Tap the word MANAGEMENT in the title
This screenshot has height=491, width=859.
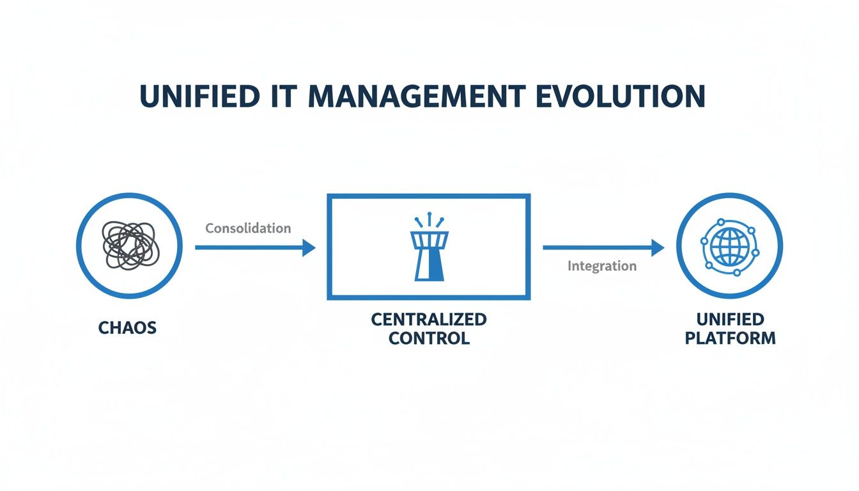409,96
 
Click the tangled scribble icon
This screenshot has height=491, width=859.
128,245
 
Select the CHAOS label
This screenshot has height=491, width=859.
128,328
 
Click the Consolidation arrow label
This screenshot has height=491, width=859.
248,228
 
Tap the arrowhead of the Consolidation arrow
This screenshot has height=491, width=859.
309,247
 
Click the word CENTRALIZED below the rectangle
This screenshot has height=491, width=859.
429,319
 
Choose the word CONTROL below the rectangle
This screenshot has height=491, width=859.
429,338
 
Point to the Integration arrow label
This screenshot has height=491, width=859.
602,266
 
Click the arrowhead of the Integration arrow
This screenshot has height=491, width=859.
658,247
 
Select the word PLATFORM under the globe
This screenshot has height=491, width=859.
730,338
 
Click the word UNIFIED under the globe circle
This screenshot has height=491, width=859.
730,319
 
